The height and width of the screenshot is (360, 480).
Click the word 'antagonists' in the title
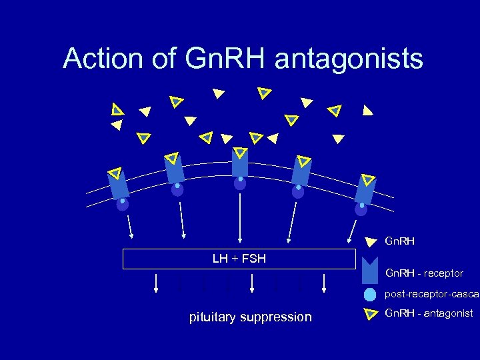[x=348, y=59]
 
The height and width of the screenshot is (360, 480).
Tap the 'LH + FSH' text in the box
[x=239, y=259]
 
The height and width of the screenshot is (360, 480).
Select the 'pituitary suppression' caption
[x=250, y=317]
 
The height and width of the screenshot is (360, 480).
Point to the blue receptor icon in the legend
[x=370, y=273]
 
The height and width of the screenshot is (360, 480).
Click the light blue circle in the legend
[x=370, y=295]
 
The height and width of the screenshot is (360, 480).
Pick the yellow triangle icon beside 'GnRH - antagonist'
[x=371, y=313]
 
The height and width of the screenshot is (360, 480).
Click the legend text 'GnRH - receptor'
[x=424, y=273]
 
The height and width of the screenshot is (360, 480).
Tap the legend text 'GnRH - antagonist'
[x=429, y=313]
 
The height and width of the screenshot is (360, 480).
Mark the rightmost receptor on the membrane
[x=365, y=189]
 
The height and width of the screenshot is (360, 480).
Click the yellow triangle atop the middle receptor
[x=240, y=153]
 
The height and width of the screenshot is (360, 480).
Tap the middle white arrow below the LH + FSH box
[x=252, y=283]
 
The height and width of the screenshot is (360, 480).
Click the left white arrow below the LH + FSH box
[x=156, y=283]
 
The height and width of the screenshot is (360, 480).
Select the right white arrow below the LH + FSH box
[x=324, y=283]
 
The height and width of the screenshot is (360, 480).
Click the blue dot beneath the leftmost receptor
[x=123, y=203]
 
